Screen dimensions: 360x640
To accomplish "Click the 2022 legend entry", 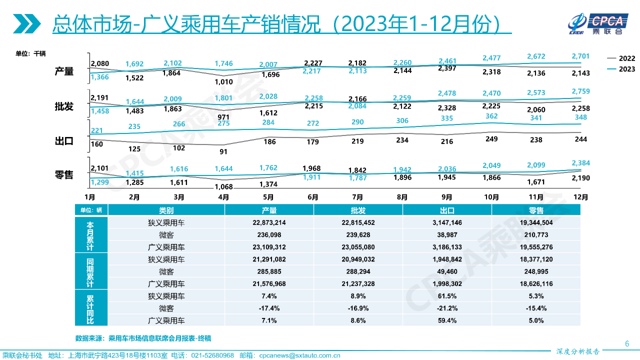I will click(x=621, y=58).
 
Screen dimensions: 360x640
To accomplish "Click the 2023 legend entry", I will click(x=621, y=69).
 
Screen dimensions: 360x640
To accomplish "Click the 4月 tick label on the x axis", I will click(x=223, y=197).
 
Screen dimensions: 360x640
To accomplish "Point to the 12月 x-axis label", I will click(x=581, y=197).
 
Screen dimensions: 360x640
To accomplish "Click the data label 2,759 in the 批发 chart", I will click(x=580, y=91).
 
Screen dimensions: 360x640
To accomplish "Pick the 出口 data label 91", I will click(x=223, y=151).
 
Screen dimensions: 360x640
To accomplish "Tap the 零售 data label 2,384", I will click(x=580, y=163).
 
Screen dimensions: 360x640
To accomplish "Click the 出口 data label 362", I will click(x=491, y=116).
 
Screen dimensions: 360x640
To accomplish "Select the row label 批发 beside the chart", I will click(x=64, y=106).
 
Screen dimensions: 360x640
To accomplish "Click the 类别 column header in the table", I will click(x=166, y=210).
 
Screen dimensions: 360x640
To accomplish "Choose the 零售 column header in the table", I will click(x=536, y=210).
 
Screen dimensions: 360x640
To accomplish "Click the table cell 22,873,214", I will click(x=269, y=223).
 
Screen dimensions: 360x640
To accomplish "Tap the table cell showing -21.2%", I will click(x=447, y=308).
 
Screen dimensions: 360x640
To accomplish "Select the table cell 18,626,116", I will click(x=536, y=284).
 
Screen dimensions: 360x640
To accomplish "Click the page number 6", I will click(x=627, y=343).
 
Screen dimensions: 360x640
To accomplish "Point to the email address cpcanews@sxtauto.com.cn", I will click(x=299, y=355).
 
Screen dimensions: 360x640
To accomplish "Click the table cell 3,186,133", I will click(x=447, y=247).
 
